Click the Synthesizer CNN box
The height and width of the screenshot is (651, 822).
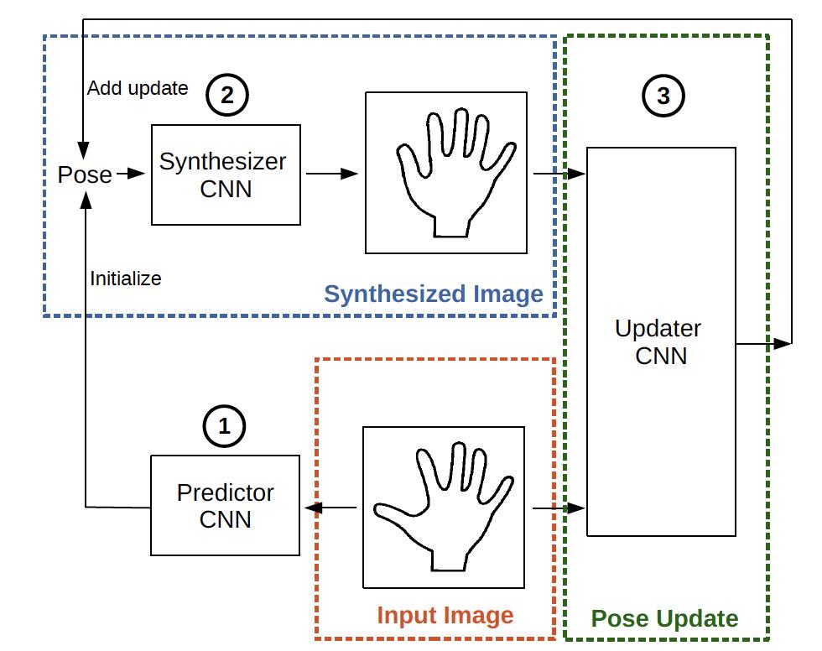point(226,175)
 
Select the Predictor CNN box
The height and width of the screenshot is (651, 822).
point(226,505)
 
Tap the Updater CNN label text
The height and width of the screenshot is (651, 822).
point(658,342)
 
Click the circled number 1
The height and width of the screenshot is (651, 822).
point(225,425)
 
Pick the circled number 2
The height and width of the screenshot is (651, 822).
point(227,95)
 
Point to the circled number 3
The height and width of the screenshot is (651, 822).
point(663,96)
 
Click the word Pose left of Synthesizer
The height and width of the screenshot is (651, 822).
point(85,175)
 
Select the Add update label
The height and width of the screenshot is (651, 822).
point(138,88)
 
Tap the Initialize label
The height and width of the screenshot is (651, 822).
point(126,279)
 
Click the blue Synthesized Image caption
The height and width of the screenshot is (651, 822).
point(434,294)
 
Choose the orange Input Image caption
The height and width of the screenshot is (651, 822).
point(445,616)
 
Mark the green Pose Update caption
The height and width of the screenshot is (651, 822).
point(664,618)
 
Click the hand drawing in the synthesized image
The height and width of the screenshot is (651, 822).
point(455,173)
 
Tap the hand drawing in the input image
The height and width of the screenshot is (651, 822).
point(444,507)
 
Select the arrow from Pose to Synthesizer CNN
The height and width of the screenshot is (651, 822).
point(131,174)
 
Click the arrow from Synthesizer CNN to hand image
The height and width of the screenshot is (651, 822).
point(332,174)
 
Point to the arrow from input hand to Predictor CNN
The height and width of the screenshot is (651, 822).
point(330,508)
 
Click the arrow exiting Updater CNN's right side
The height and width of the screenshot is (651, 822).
point(763,344)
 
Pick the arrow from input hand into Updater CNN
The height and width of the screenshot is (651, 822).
point(559,508)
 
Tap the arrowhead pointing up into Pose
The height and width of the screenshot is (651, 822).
point(86,201)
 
